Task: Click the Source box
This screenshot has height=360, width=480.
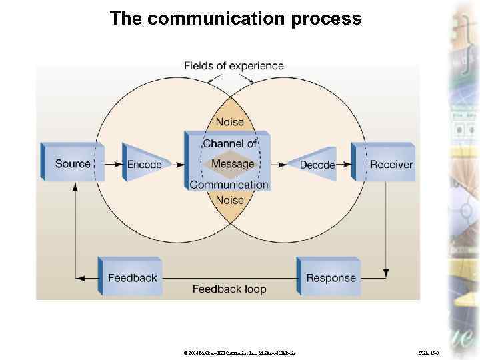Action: point(72,163)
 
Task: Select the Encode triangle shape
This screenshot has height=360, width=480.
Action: point(145,164)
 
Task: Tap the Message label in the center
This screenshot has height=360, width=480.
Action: point(233,163)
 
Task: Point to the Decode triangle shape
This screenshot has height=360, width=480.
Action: point(317,165)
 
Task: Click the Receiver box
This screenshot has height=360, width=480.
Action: point(391,164)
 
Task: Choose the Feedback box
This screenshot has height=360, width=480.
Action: point(131,277)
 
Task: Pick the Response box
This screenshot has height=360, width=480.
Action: point(330,277)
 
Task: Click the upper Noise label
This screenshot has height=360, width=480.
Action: point(229,122)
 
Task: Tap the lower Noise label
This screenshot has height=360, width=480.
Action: point(229,200)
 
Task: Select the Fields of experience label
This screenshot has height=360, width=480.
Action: point(233,65)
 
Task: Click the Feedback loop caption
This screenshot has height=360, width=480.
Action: point(229,289)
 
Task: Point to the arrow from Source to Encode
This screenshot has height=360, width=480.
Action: point(114,164)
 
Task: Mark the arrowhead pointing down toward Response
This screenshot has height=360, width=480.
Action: point(386,273)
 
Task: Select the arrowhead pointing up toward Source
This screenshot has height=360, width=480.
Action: point(75,187)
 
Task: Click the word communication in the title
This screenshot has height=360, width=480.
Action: point(217,19)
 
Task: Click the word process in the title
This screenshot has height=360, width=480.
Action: point(327,19)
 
